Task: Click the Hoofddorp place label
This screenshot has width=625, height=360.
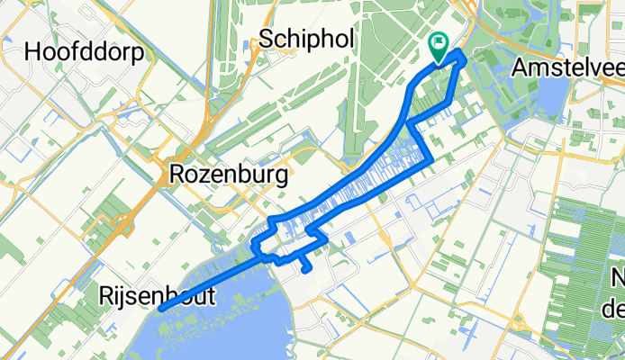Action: tap(86, 52)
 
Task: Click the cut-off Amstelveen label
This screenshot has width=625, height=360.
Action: tap(567, 67)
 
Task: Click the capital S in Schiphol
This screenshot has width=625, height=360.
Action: tap(265, 38)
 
